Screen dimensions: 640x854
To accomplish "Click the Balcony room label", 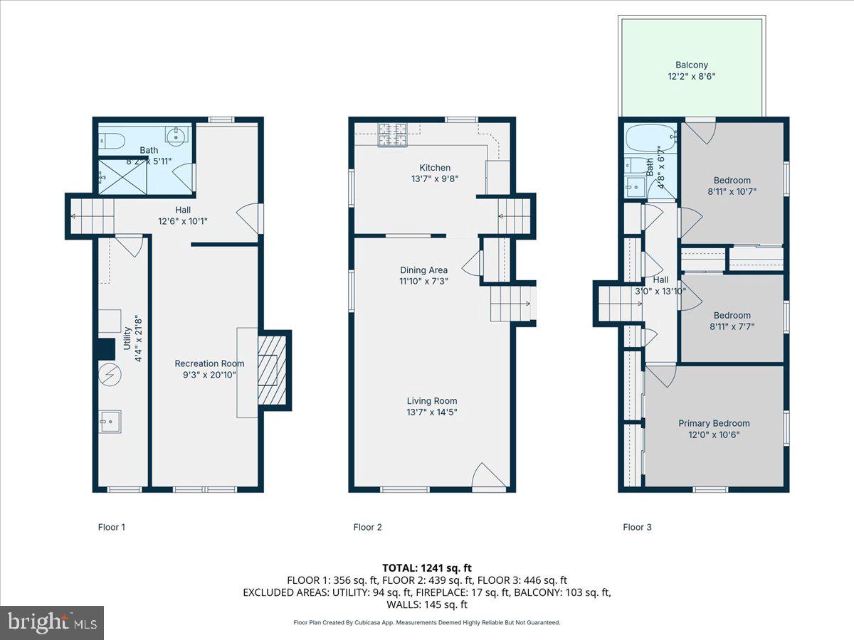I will coord(691,65).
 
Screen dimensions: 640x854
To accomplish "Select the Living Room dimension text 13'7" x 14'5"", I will coord(432,412).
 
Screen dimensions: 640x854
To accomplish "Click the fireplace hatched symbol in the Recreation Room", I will coord(271,369).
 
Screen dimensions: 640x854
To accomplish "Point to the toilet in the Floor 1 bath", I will coord(112,139).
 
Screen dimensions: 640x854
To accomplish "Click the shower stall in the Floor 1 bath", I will coord(121,176).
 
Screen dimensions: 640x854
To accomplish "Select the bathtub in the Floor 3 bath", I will coord(650,136).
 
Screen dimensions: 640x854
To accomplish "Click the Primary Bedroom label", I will coord(714,423).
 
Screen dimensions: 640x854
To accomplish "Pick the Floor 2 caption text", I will coord(368,527).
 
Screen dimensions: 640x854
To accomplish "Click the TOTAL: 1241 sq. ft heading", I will coord(426,567).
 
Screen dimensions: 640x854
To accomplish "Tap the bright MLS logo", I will coord(52,622).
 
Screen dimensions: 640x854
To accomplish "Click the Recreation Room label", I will coord(209,363).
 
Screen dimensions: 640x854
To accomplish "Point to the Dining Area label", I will coord(423,270).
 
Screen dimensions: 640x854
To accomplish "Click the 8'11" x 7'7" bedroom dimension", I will coord(732,327).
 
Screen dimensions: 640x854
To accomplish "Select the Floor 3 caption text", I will coord(637,527).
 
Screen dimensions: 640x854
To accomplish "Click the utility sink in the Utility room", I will coord(110,422).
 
